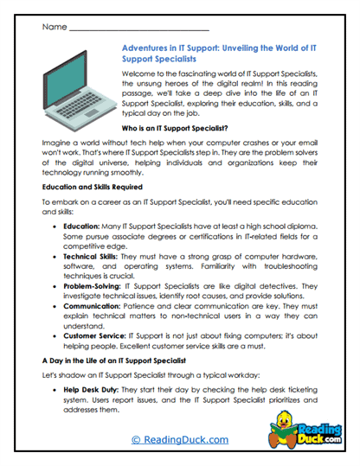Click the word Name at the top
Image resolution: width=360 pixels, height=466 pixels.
[x=53, y=27]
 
